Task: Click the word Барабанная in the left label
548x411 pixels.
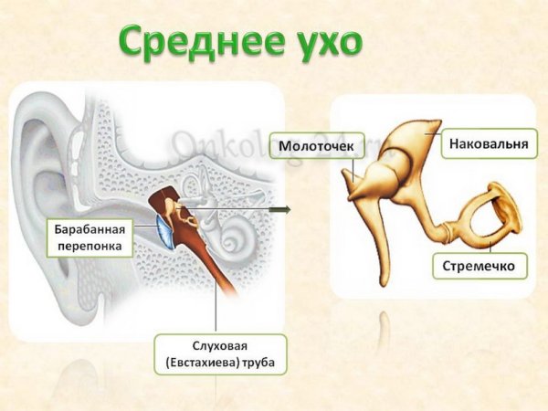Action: click(89, 228)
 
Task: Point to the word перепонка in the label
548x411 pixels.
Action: click(89, 245)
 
